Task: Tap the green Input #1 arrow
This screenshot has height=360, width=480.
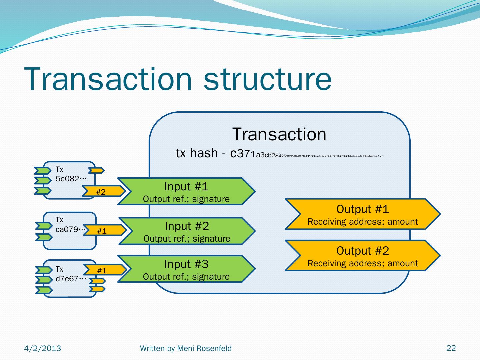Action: tap(186, 192)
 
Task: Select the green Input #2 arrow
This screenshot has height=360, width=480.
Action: tap(187, 231)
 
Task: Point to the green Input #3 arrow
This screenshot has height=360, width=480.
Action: tap(186, 269)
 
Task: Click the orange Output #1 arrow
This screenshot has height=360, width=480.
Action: tap(362, 214)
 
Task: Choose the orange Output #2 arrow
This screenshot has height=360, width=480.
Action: tap(362, 256)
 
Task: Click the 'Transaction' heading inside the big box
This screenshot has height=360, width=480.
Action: tap(279, 134)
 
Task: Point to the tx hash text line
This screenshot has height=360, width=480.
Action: tap(279, 154)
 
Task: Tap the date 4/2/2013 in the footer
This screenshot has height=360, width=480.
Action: tap(43, 348)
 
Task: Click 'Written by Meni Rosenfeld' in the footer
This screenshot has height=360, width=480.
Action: tap(186, 348)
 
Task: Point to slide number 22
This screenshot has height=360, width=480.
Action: tap(451, 348)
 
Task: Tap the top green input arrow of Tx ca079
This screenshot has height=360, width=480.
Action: tap(44, 226)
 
